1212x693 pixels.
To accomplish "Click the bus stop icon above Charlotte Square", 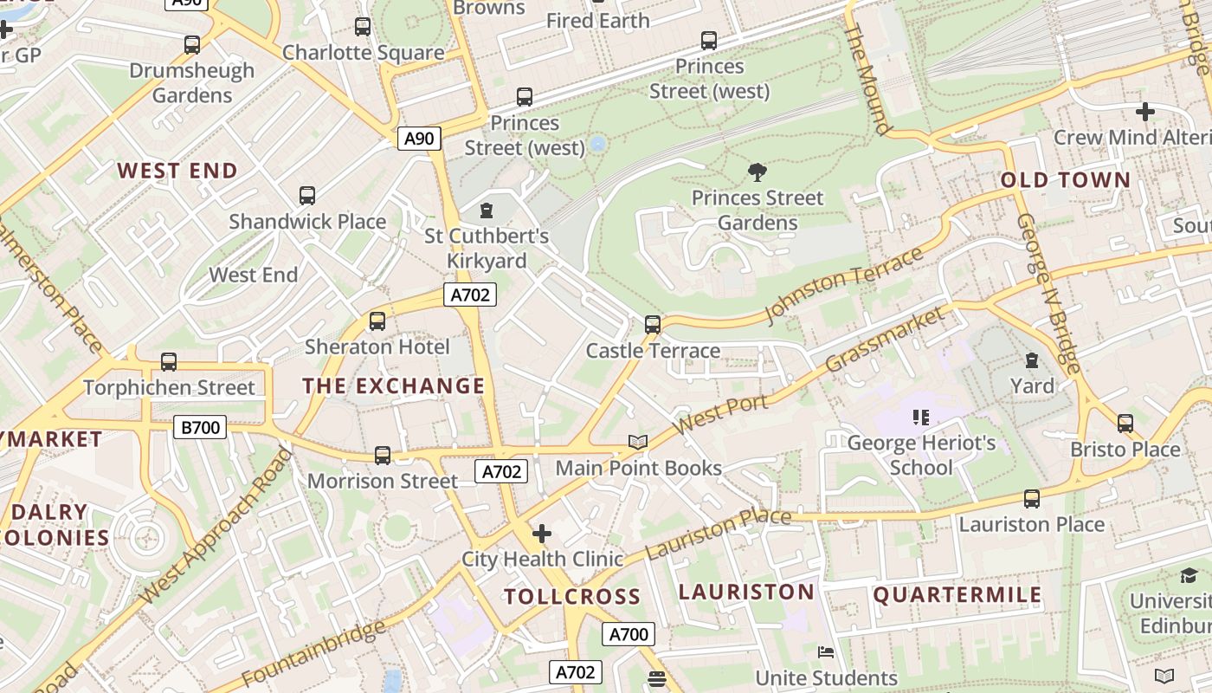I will tap(363, 27).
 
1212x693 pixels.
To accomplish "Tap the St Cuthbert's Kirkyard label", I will tap(486, 249).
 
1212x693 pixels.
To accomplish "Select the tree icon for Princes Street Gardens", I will tap(757, 172).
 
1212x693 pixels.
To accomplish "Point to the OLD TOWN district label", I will tap(1066, 180).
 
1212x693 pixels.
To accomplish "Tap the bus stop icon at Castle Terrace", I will tap(653, 325).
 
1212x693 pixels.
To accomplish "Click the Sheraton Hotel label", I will tap(377, 347).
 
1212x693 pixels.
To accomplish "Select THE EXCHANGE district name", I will tap(393, 386).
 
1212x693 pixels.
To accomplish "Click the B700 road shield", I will tap(200, 426).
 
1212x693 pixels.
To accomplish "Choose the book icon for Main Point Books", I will tap(638, 443).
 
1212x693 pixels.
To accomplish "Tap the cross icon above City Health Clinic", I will tap(542, 534).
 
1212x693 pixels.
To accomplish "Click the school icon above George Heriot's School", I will tap(921, 418).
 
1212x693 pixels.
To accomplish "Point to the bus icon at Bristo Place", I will tap(1125, 424).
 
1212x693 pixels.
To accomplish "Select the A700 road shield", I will tap(629, 634).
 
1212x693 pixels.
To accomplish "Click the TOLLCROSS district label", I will tap(572, 596).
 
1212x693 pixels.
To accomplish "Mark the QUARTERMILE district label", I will tap(957, 595).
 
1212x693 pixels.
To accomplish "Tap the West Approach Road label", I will tap(216, 526).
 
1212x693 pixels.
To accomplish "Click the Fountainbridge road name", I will tap(313, 654).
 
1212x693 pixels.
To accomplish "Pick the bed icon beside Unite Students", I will tap(826, 652).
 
